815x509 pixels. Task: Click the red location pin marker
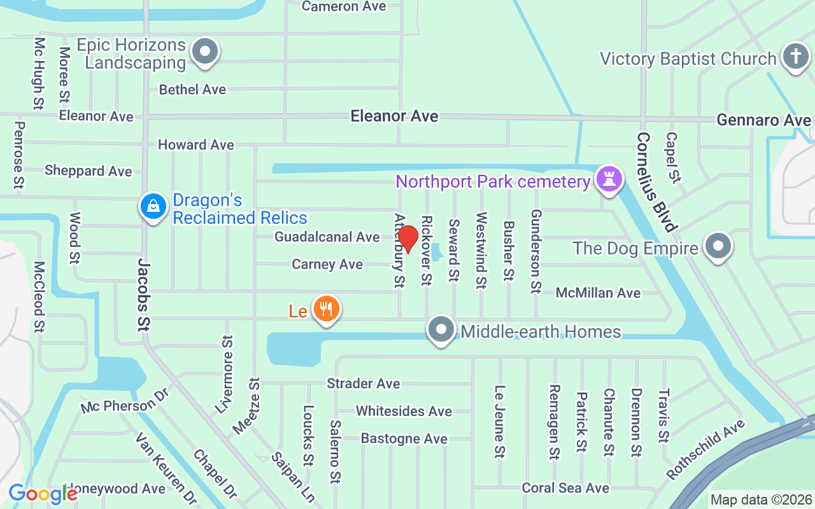point(408,239)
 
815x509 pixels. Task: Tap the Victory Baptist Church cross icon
point(795,57)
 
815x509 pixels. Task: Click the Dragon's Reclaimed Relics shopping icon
point(153,207)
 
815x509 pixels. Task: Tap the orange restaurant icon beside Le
point(327,309)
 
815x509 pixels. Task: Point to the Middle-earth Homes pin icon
point(441,330)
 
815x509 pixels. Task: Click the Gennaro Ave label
point(763,120)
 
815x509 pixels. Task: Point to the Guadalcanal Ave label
point(327,237)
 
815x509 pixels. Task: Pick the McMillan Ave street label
point(598,293)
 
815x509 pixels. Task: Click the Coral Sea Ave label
point(565,488)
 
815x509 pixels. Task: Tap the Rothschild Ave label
point(705,450)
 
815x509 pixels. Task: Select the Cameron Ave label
point(344,6)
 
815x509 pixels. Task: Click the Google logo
point(43,494)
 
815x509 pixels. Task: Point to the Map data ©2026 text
point(761,499)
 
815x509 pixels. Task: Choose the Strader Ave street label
point(363,383)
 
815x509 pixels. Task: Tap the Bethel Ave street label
point(192,89)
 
